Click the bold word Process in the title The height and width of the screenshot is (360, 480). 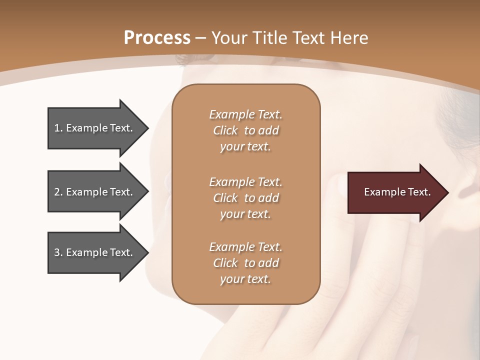coord(157,37)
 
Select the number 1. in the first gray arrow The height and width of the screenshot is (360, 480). coord(58,128)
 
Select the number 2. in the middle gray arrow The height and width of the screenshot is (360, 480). coord(58,192)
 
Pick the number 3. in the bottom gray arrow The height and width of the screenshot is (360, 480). coord(58,252)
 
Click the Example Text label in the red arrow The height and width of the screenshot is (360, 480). coord(397,192)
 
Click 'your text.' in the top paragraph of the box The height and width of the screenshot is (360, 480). coord(245,147)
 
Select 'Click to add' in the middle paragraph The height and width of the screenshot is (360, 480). coord(246,198)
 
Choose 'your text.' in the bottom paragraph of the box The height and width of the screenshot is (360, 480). coord(245,279)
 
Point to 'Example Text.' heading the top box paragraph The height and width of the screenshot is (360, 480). coord(246,114)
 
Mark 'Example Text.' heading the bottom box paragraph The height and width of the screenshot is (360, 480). coord(246,247)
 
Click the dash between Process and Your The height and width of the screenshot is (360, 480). coord(200,37)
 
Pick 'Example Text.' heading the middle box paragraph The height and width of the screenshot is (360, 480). coord(246,182)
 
